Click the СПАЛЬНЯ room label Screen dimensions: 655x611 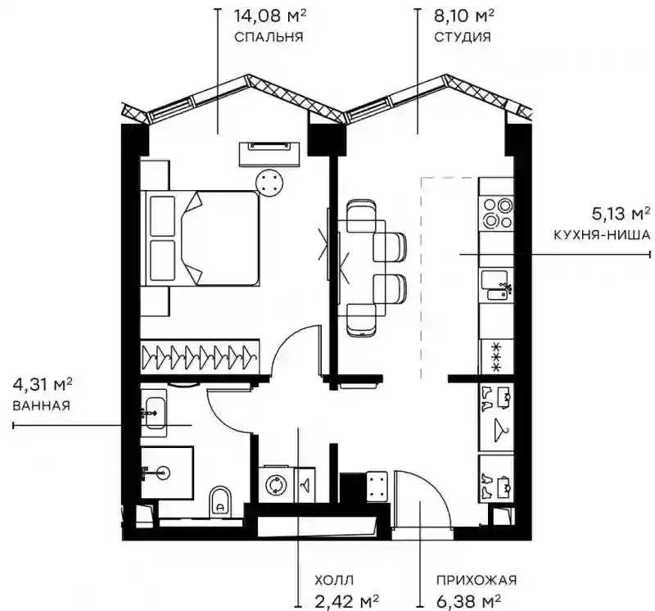(x=269, y=37)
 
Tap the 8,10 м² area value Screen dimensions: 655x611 (x=464, y=16)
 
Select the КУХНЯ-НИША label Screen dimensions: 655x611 (x=602, y=235)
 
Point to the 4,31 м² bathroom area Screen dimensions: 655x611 (x=43, y=384)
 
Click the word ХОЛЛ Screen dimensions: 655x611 (x=334, y=580)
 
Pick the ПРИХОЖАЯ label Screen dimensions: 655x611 (x=477, y=580)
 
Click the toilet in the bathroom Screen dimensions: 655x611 (x=220, y=500)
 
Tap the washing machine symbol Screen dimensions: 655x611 (x=276, y=485)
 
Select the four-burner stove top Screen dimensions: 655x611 (x=496, y=213)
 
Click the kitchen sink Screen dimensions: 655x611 (x=496, y=284)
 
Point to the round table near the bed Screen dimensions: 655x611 (x=270, y=183)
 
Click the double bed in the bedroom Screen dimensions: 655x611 (x=200, y=238)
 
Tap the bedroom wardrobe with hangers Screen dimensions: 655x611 (x=200, y=356)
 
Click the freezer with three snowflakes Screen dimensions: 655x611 (x=496, y=356)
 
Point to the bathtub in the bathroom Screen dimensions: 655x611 (x=154, y=413)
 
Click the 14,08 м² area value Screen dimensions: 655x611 (x=270, y=16)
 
